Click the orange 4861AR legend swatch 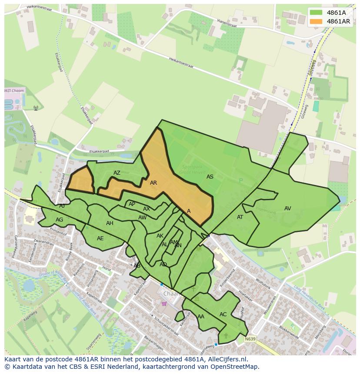coord(316,21)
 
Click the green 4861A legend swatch coord(316,13)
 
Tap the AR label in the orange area coord(153,183)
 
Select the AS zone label coord(210,177)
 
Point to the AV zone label coord(287,209)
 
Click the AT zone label coord(240,217)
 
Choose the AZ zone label coord(117,173)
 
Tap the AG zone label coord(59,220)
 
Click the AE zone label coord(100,238)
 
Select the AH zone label coord(110,223)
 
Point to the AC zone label coord(223,314)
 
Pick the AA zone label coord(201,317)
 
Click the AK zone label coord(160,236)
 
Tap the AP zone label coord(132,204)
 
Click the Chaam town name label coord(171,294)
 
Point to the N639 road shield coord(250,339)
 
